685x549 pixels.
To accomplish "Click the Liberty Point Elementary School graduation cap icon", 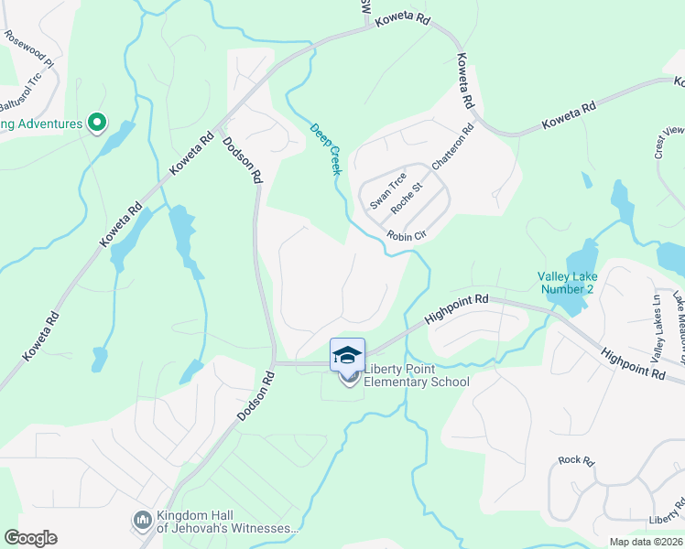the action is (x=347, y=355).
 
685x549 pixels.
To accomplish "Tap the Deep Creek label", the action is (x=325, y=149).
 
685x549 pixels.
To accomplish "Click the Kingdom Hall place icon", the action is (x=142, y=521).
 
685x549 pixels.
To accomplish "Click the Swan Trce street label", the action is (x=387, y=189).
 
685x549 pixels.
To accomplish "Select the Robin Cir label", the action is (x=407, y=236).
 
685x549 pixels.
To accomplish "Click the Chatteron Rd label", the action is (x=455, y=144).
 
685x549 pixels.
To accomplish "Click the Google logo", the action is (x=30, y=538).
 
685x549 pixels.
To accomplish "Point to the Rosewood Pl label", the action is (x=29, y=44).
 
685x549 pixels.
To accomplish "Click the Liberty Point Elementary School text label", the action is (x=417, y=376).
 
